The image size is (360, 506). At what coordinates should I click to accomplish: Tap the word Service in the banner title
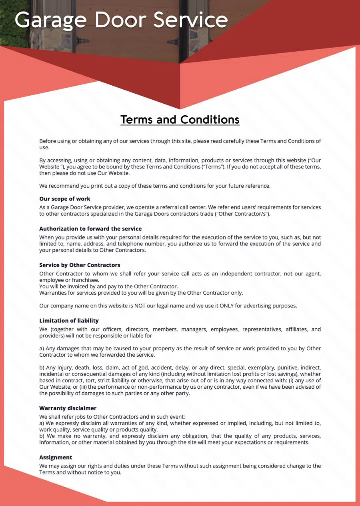point(191,20)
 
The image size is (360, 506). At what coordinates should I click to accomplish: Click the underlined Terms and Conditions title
point(180,119)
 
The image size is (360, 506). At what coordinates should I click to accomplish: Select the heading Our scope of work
point(65,199)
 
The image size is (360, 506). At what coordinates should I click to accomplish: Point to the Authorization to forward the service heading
point(90,229)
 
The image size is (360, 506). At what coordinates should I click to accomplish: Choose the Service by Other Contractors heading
point(80,265)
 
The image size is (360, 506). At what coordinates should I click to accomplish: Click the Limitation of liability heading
point(69,321)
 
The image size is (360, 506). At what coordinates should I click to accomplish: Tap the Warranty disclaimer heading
point(68,408)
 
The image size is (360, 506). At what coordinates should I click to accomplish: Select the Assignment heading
point(56,457)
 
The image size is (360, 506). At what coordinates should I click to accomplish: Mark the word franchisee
point(85,280)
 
